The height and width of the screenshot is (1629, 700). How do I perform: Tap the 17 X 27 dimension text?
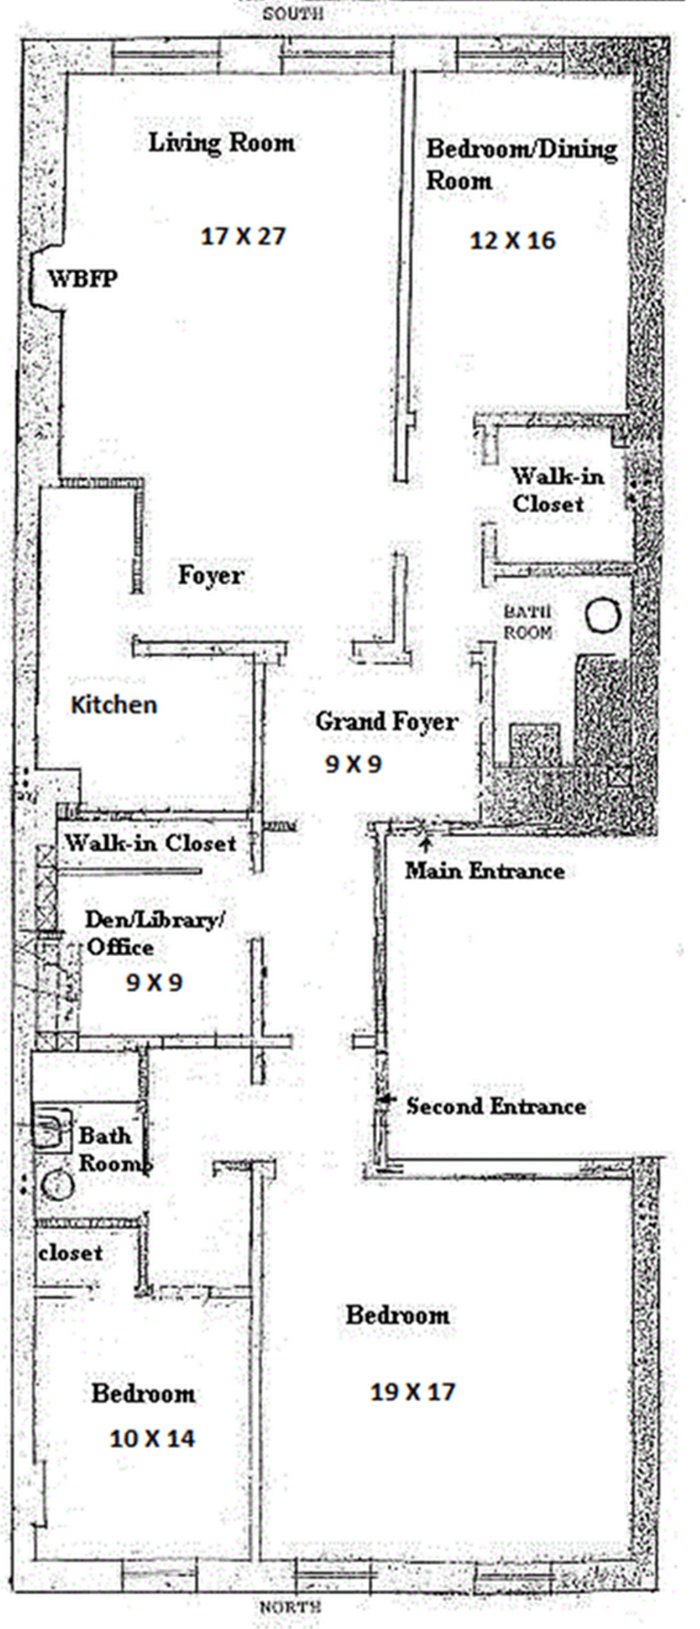(x=244, y=237)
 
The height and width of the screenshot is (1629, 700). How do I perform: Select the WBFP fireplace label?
(x=83, y=278)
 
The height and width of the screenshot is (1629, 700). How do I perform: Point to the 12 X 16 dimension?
(x=512, y=240)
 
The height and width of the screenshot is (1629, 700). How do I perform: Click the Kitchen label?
(x=114, y=705)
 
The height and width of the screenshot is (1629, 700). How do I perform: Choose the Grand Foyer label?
(x=386, y=721)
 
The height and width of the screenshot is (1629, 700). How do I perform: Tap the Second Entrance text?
(x=496, y=1106)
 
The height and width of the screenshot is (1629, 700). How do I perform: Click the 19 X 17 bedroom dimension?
(x=412, y=1391)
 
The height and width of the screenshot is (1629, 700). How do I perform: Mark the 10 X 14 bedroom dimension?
(x=152, y=1439)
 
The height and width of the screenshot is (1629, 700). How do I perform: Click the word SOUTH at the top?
(x=293, y=13)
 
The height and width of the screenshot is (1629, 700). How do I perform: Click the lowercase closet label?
(x=70, y=1253)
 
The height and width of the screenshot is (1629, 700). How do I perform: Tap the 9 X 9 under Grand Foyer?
(x=354, y=764)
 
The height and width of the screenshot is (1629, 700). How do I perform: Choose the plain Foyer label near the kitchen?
(x=211, y=575)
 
